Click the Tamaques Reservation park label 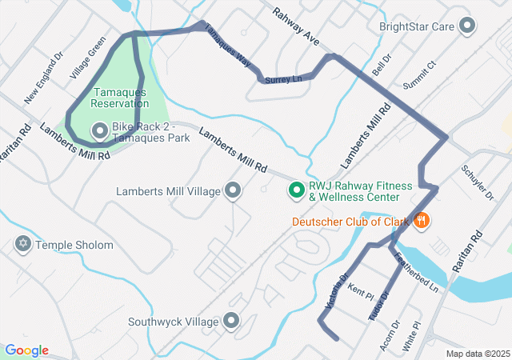point(119,98)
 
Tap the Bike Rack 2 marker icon point(100,129)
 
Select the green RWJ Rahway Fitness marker point(296,190)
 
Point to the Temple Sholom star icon point(22,244)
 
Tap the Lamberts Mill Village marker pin point(233,190)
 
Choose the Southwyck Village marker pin point(233,322)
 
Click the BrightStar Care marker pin point(467,26)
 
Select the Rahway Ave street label point(295,26)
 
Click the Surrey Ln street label point(286,79)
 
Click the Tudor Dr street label point(377,306)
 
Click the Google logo point(26,350)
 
